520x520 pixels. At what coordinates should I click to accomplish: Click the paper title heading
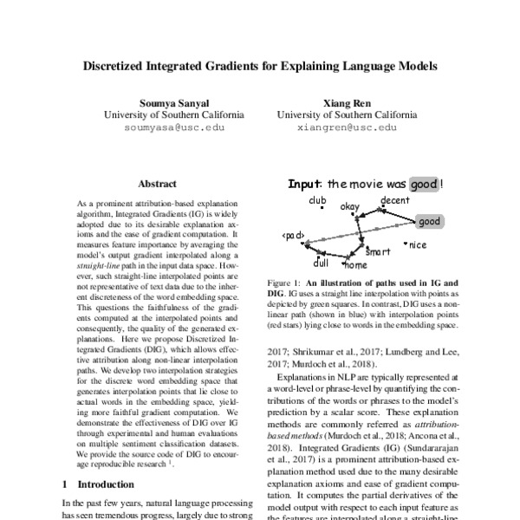pyautogui.click(x=259, y=65)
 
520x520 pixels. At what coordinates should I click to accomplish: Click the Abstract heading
pyautogui.click(x=157, y=184)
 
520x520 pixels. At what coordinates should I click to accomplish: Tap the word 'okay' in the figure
pyautogui.click(x=350, y=207)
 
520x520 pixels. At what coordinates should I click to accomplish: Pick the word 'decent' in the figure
pyautogui.click(x=394, y=201)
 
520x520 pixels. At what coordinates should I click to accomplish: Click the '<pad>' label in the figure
pyautogui.click(x=292, y=236)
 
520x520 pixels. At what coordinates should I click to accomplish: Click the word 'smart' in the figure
pyautogui.click(x=379, y=252)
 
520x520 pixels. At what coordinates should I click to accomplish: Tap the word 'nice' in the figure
pyautogui.click(x=417, y=245)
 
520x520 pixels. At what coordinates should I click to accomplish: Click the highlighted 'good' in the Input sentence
pyautogui.click(x=422, y=185)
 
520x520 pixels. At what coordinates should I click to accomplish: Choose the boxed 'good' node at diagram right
pyautogui.click(x=429, y=222)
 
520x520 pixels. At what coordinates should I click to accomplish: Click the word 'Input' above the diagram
pyautogui.click(x=304, y=185)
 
